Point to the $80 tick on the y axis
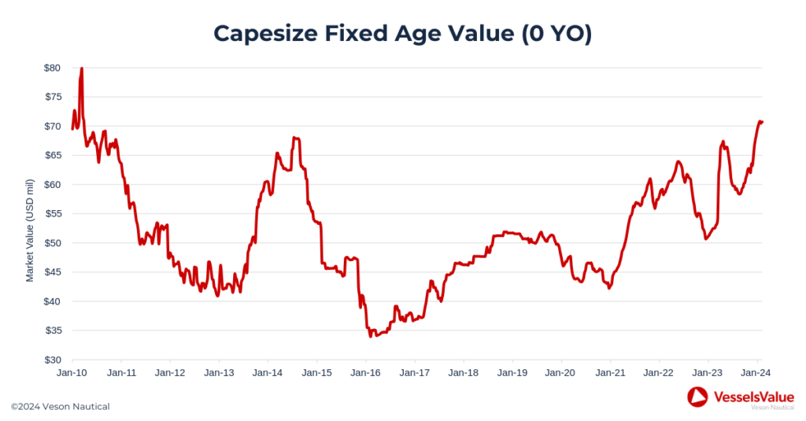pyautogui.click(x=52, y=68)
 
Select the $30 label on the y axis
pyautogui.click(x=52, y=360)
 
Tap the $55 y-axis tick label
pyautogui.click(x=52, y=214)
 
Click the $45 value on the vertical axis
pyautogui.click(x=52, y=272)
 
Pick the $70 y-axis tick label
pyautogui.click(x=52, y=126)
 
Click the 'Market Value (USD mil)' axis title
pyautogui.click(x=30, y=231)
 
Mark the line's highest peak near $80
pyautogui.click(x=82, y=68)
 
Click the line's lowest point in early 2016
pyautogui.click(x=371, y=336)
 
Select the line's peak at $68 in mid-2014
pyautogui.click(x=294, y=138)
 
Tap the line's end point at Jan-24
pyautogui.click(x=762, y=122)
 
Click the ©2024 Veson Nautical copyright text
pyautogui.click(x=61, y=407)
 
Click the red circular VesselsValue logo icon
pyautogui.click(x=697, y=397)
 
